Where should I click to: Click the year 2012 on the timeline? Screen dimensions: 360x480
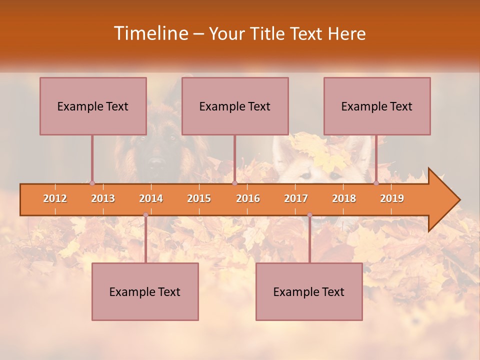[x=55, y=198]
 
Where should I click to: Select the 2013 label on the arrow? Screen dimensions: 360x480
[x=103, y=198]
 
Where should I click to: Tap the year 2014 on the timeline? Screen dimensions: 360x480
[x=151, y=198]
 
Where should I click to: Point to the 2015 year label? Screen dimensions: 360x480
[x=199, y=198]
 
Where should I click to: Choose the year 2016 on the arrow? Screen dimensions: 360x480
[x=248, y=198]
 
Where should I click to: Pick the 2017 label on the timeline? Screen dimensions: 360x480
[x=296, y=198]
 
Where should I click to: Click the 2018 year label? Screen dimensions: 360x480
[x=344, y=198]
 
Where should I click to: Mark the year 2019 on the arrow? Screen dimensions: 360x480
[x=392, y=198]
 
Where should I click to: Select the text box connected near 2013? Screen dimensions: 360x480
[x=93, y=106]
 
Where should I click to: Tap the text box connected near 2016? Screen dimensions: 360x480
[x=235, y=106]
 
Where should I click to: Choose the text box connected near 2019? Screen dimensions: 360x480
[x=377, y=106]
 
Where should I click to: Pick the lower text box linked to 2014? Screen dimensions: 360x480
[x=145, y=291]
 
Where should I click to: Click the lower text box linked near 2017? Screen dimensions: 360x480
[x=309, y=291]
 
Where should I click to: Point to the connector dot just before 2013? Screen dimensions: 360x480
[x=92, y=183]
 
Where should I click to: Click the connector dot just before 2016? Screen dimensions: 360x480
[x=234, y=183]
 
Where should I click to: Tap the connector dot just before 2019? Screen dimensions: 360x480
[x=376, y=183]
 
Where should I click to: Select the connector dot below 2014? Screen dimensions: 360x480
[x=145, y=215]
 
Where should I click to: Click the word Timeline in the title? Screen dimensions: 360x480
[x=150, y=33]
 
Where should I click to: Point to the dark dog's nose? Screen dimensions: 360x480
[x=156, y=161]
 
